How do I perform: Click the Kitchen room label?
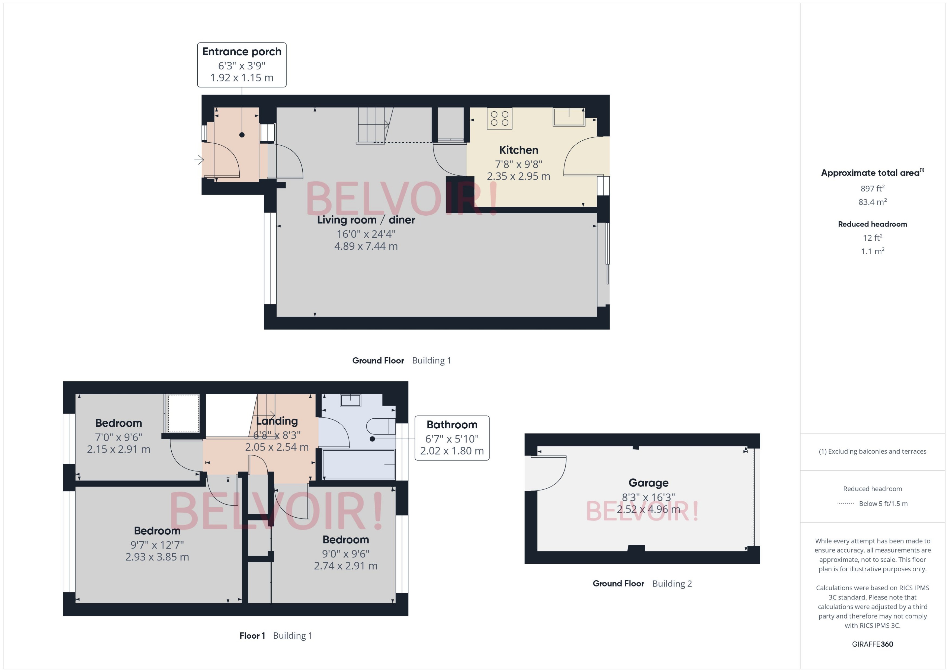tap(518, 150)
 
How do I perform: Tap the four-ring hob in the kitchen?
tap(499, 118)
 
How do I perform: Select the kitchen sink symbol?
tap(569, 117)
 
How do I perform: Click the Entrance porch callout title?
tap(242, 52)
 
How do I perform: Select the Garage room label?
tap(648, 483)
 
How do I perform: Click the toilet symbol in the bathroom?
tap(380, 426)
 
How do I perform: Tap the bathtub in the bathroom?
tap(358, 465)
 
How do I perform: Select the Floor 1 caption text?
tap(252, 636)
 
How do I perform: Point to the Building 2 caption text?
tap(672, 584)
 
